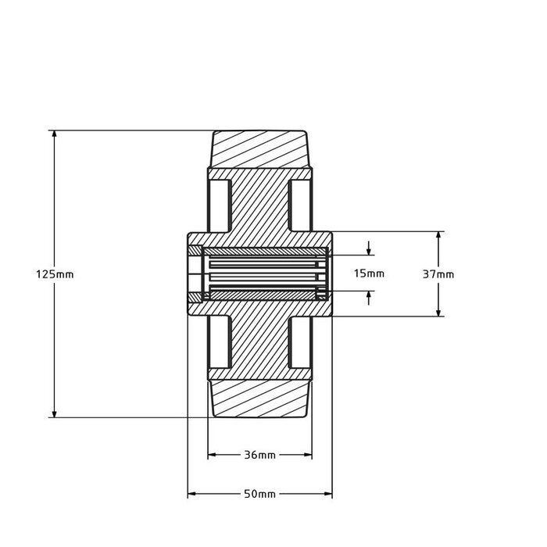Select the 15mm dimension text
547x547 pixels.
pos(369,273)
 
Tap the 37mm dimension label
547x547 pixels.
pos(438,274)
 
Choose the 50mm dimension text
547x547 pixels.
pos(260,495)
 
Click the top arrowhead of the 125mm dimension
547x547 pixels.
pos(54,135)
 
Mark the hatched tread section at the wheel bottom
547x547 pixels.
pos(260,399)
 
